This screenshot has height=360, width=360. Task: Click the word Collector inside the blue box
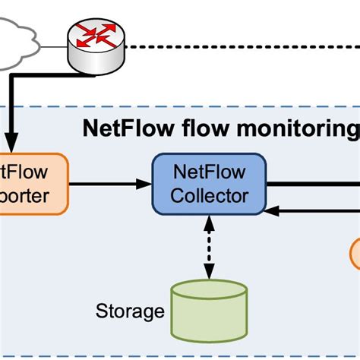click(209, 195)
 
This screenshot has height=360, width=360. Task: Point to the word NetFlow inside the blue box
click(209, 172)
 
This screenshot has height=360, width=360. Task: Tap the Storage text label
click(130, 311)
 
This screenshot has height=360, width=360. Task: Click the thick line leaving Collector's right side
click(311, 182)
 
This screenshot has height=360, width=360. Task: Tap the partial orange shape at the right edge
click(355, 253)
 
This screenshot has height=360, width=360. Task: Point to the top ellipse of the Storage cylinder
click(209, 291)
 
